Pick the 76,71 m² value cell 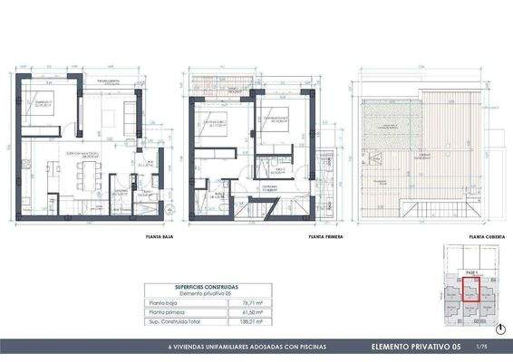237,303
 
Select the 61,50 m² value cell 237,312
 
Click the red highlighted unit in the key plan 471,290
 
